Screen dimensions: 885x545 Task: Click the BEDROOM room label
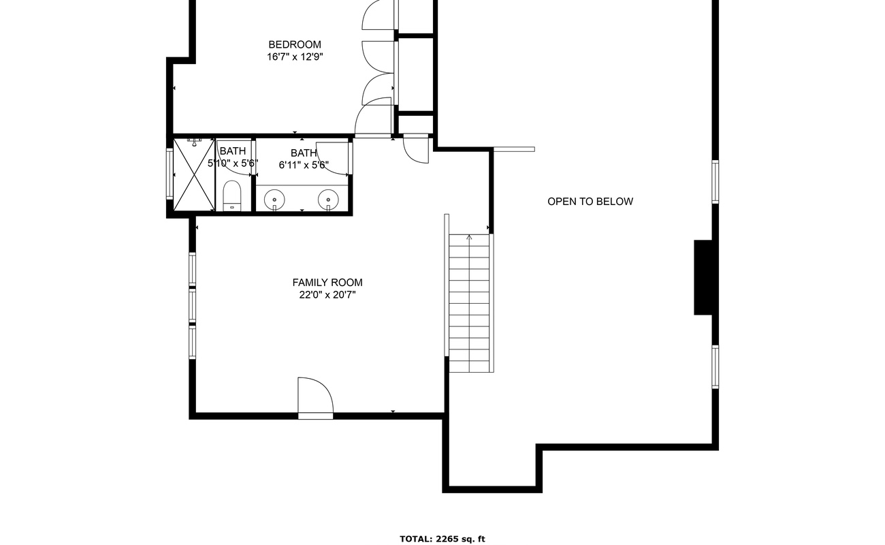(295, 45)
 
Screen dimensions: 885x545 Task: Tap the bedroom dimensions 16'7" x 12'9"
(295, 57)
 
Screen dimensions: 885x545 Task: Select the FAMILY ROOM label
(327, 283)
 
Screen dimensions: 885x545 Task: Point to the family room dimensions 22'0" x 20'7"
(327, 295)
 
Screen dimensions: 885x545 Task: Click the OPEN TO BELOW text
(590, 202)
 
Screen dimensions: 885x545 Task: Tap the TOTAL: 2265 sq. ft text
(442, 539)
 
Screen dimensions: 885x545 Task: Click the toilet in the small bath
(232, 196)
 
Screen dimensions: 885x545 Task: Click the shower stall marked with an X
(194, 175)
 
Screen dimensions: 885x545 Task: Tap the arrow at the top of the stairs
(469, 237)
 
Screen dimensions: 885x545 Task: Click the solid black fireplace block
(704, 278)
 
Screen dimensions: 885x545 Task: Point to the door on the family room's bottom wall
(315, 398)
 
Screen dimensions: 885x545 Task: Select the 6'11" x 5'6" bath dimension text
(304, 166)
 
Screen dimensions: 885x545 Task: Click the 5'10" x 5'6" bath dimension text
(233, 163)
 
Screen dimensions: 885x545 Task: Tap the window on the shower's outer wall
(170, 173)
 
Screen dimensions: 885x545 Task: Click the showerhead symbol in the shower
(195, 142)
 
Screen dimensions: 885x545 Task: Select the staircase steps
(469, 303)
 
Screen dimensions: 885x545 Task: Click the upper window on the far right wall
(715, 182)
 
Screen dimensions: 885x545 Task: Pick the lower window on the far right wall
(715, 367)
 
